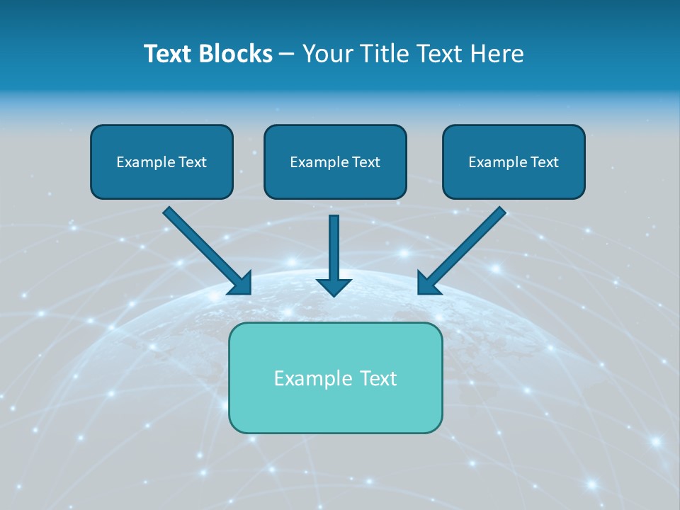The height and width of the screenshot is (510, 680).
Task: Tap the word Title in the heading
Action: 383,54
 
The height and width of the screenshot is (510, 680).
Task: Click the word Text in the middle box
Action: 365,162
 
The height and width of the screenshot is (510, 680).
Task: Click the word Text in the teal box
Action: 378,378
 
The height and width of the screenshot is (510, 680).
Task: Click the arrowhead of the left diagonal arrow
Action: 241,283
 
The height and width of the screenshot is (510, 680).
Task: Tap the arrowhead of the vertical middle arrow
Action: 334,286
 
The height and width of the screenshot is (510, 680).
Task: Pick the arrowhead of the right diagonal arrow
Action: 428,283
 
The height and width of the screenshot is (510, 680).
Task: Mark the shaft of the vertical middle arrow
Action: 334,244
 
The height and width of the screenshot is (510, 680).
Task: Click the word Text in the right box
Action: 544,162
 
